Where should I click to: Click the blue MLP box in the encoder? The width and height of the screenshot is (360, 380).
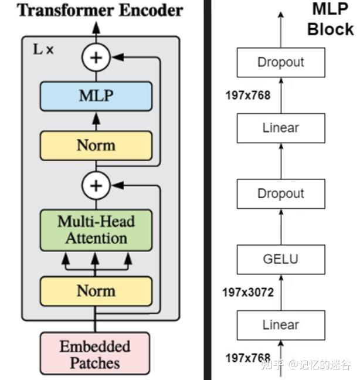(x=96, y=96)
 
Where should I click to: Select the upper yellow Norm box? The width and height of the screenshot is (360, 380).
(x=96, y=145)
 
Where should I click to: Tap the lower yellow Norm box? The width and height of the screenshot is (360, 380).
(x=96, y=290)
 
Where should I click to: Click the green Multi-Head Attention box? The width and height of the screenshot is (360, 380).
(x=96, y=230)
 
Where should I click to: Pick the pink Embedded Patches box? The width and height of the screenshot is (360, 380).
(x=95, y=354)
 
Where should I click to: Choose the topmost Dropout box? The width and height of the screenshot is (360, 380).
(x=281, y=62)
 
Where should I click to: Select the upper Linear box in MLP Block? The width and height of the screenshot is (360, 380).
(x=281, y=128)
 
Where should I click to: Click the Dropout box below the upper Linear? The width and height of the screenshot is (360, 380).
(x=281, y=194)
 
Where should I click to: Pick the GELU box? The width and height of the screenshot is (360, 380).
(x=281, y=259)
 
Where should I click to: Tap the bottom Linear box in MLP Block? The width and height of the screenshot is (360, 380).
(x=281, y=325)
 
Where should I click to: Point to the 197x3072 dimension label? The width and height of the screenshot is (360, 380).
(x=248, y=292)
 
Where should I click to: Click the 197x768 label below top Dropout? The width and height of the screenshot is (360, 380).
(x=248, y=95)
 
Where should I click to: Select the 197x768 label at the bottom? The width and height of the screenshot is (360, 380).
(x=248, y=357)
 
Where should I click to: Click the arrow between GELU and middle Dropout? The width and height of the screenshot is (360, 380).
(x=281, y=226)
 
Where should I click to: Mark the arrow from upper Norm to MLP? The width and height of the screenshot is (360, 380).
(x=96, y=121)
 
